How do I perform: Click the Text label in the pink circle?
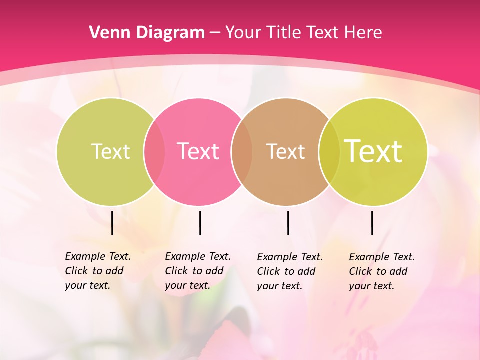tap(198, 151)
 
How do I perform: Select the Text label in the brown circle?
tap(285, 151)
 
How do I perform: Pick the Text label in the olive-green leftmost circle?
tap(110, 151)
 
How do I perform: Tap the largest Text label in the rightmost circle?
tap(373, 151)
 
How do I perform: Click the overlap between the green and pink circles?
tap(154, 151)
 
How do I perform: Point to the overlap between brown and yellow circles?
tap(329, 151)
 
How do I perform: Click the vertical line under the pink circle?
tap(200, 223)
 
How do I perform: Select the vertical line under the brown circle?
tap(288, 223)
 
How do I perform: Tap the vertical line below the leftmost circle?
tap(112, 223)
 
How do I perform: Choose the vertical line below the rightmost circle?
tap(372, 223)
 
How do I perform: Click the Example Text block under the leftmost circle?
tap(98, 271)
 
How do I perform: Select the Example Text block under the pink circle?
tap(198, 271)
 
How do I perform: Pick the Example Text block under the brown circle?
tap(290, 271)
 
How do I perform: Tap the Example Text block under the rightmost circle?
tap(382, 271)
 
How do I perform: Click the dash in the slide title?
tap(215, 33)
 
